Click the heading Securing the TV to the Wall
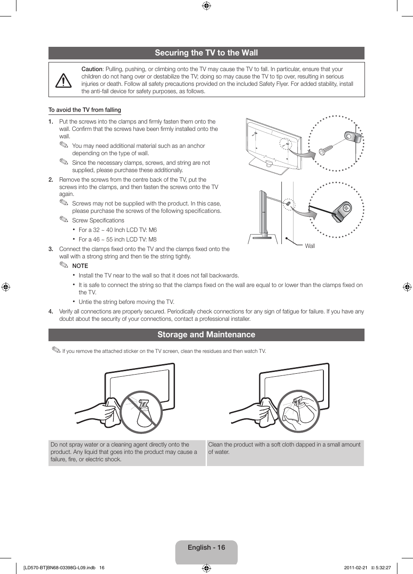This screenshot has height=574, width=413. [206, 53]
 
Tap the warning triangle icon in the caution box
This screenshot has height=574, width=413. [64, 80]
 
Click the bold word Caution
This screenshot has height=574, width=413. [92, 69]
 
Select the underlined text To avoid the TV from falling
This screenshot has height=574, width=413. [85, 110]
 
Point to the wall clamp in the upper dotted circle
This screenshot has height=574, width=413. [352, 137]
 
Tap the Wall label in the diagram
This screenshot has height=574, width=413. [310, 246]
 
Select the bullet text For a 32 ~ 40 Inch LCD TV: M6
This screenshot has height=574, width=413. [118, 230]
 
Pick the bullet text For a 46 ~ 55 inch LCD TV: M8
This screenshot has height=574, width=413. [118, 240]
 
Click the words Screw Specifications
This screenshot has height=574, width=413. [98, 221]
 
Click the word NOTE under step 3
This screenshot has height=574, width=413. [80, 266]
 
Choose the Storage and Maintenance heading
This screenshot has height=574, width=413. [206, 335]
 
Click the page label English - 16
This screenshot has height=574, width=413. [206, 548]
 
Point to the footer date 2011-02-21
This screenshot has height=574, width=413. [355, 567]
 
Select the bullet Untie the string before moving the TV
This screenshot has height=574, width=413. [126, 302]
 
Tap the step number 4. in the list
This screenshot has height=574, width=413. [51, 312]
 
